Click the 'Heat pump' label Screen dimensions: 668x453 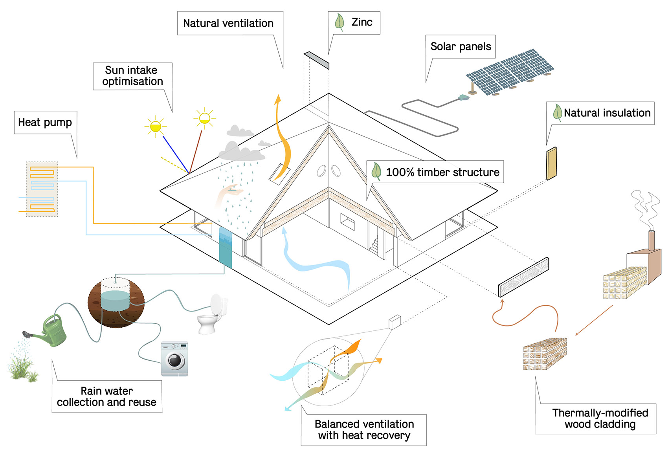coord(45,122)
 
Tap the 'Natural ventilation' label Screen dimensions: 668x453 coord(228,23)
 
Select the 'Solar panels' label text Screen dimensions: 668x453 coord(461,46)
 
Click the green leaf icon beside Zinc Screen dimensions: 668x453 coord(339,22)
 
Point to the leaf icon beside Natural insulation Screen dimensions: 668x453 coord(557,113)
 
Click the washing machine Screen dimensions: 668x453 coord(175,358)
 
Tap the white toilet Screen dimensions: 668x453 coord(212,314)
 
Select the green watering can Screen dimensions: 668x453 coord(48,331)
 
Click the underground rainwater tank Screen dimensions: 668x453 coord(116,303)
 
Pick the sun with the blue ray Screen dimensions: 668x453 coord(155,127)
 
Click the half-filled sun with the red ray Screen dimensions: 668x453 coord(205,118)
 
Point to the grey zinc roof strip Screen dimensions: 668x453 coord(316,60)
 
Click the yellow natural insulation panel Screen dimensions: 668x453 coord(551,163)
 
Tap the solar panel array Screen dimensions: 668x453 coord(510,72)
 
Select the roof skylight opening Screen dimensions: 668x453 coord(279,174)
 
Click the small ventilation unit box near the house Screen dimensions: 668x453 coord(395,322)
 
